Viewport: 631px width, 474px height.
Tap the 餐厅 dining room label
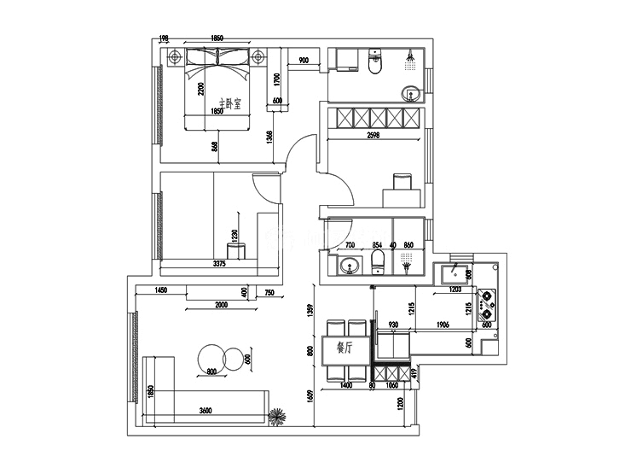pyautogui.click(x=345, y=348)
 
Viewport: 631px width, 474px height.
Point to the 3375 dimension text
pyautogui.click(x=218, y=264)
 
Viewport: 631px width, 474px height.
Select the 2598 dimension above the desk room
pyautogui.click(x=373, y=135)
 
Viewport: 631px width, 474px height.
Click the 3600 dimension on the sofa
pyautogui.click(x=205, y=410)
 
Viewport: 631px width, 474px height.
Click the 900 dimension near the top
pyautogui.click(x=303, y=60)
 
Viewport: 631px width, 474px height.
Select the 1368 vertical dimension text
pyautogui.click(x=269, y=139)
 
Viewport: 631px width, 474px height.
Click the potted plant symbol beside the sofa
pyautogui.click(x=278, y=418)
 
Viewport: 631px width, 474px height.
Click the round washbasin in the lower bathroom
pyautogui.click(x=349, y=266)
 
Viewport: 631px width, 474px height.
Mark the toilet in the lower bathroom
pyautogui.click(x=379, y=261)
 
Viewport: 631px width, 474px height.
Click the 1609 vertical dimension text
pyautogui.click(x=310, y=400)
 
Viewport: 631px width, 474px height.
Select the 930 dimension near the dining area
pyautogui.click(x=393, y=325)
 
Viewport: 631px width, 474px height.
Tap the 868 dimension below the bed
pyautogui.click(x=215, y=147)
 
